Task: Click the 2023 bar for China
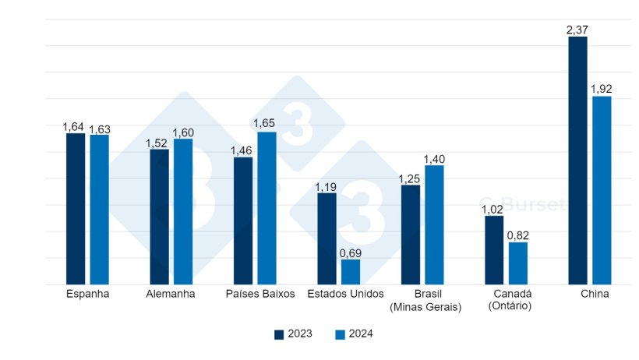click(577, 161)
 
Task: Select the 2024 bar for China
click(602, 190)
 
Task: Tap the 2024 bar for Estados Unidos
click(351, 272)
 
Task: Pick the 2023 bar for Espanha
click(76, 209)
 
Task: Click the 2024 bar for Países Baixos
click(267, 208)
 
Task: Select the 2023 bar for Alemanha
click(159, 217)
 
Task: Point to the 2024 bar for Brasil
click(434, 224)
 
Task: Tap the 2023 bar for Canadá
click(494, 249)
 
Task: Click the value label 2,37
click(577, 30)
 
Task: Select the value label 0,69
click(351, 253)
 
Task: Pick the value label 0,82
click(518, 235)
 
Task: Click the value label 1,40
click(434, 159)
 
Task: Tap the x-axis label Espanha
click(87, 295)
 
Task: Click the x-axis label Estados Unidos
click(345, 295)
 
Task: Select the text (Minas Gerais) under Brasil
click(425, 308)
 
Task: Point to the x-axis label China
click(595, 295)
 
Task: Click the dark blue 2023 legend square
click(279, 334)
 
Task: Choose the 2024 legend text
click(361, 334)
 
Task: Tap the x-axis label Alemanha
click(171, 295)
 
